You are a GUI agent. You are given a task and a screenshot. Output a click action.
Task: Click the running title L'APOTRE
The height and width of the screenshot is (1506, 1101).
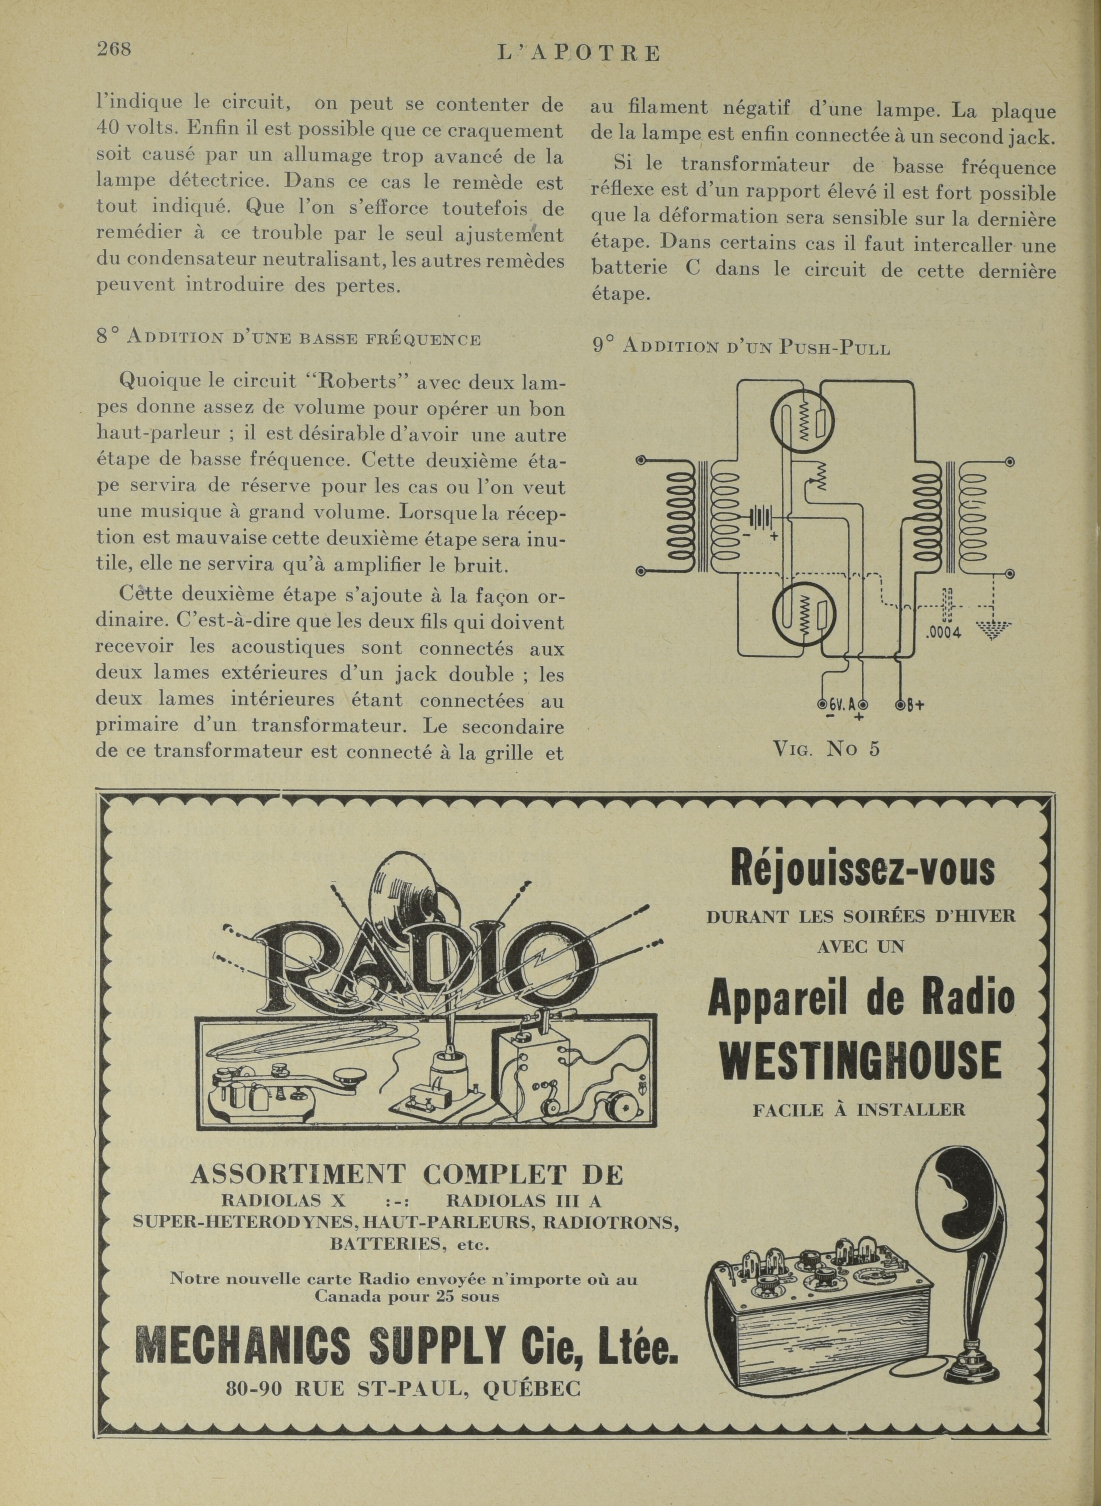click(x=579, y=53)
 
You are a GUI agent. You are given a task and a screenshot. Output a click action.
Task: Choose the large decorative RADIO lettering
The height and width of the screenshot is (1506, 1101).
click(x=427, y=957)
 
